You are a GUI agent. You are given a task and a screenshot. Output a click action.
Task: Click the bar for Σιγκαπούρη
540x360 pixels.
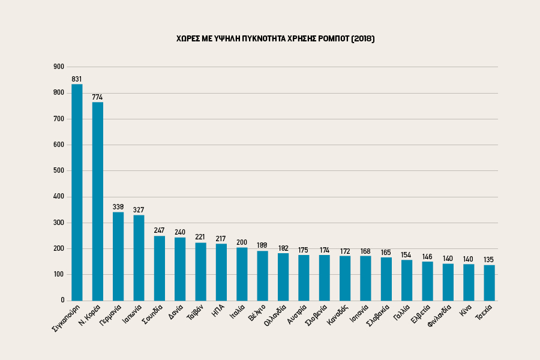(x=77, y=192)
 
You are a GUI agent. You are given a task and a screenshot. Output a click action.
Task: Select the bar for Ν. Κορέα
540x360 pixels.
(x=97, y=201)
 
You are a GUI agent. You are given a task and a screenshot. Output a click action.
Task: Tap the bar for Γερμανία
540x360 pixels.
(x=118, y=256)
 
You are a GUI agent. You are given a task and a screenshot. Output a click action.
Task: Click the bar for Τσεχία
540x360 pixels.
(x=490, y=283)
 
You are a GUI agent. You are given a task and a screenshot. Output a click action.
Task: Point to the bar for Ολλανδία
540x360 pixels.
(x=283, y=277)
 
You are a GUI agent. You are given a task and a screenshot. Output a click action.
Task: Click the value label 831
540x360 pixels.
(x=77, y=79)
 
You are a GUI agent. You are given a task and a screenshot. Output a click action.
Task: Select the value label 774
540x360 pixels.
(x=97, y=97)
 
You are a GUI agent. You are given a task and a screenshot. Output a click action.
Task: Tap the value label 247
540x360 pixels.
(x=159, y=230)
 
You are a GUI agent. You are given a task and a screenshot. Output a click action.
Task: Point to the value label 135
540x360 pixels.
(x=490, y=260)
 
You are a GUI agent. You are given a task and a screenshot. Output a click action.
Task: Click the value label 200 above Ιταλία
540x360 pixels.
(x=242, y=242)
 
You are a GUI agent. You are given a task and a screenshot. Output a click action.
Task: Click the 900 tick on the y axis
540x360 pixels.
(x=59, y=67)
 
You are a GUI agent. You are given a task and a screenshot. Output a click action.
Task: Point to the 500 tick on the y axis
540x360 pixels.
(x=59, y=170)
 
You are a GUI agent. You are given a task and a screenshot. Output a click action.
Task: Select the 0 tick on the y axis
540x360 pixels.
(x=62, y=300)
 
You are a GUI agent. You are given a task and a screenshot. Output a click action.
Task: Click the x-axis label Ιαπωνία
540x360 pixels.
(x=131, y=314)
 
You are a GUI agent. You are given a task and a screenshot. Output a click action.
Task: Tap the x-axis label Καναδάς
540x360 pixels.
(x=338, y=314)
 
